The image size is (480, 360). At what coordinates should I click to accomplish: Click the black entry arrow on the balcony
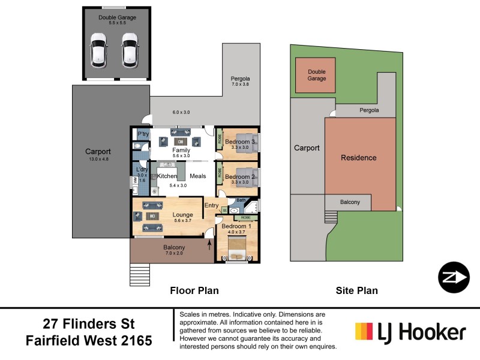click(209, 244)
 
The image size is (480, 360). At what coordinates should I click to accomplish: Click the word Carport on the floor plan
click(98, 152)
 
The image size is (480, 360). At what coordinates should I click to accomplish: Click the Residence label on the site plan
click(359, 158)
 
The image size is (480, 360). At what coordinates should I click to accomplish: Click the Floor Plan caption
click(194, 290)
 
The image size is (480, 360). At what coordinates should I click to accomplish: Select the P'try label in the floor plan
click(143, 134)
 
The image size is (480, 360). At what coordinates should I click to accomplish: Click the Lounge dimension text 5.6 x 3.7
click(182, 221)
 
